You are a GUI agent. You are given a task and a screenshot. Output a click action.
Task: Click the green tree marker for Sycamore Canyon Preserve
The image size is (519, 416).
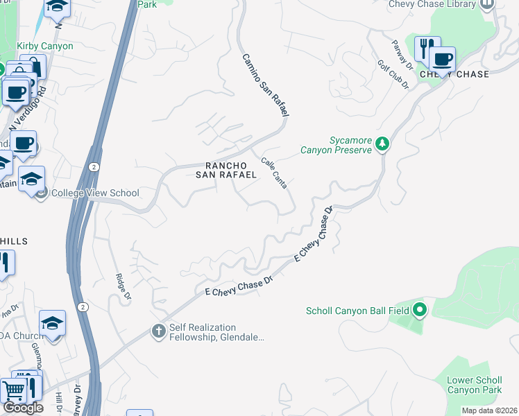click(x=382, y=144)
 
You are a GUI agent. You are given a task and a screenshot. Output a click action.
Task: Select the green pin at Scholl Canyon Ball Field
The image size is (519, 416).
click(x=420, y=309)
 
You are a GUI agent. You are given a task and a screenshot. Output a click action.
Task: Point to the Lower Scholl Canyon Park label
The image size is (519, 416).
click(x=475, y=385)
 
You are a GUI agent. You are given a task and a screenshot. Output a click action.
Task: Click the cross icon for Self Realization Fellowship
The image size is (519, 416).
click(x=158, y=332)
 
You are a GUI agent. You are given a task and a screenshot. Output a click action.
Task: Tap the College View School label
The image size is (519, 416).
click(x=95, y=193)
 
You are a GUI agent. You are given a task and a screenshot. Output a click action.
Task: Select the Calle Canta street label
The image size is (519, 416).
click(x=274, y=173)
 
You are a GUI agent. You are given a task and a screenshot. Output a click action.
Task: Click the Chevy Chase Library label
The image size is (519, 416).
click(x=432, y=4)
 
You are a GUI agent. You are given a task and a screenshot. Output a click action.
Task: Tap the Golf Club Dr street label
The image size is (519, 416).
click(x=393, y=73)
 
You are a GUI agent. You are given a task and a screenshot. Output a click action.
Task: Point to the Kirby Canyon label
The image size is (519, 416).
click(x=44, y=46)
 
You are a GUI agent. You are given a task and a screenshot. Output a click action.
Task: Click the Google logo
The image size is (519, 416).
click(x=23, y=408)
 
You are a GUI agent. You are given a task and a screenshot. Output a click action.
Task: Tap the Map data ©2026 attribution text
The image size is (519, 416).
click(x=489, y=410)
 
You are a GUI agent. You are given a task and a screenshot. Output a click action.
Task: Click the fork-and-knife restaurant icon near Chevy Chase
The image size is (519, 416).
click(x=425, y=47)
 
